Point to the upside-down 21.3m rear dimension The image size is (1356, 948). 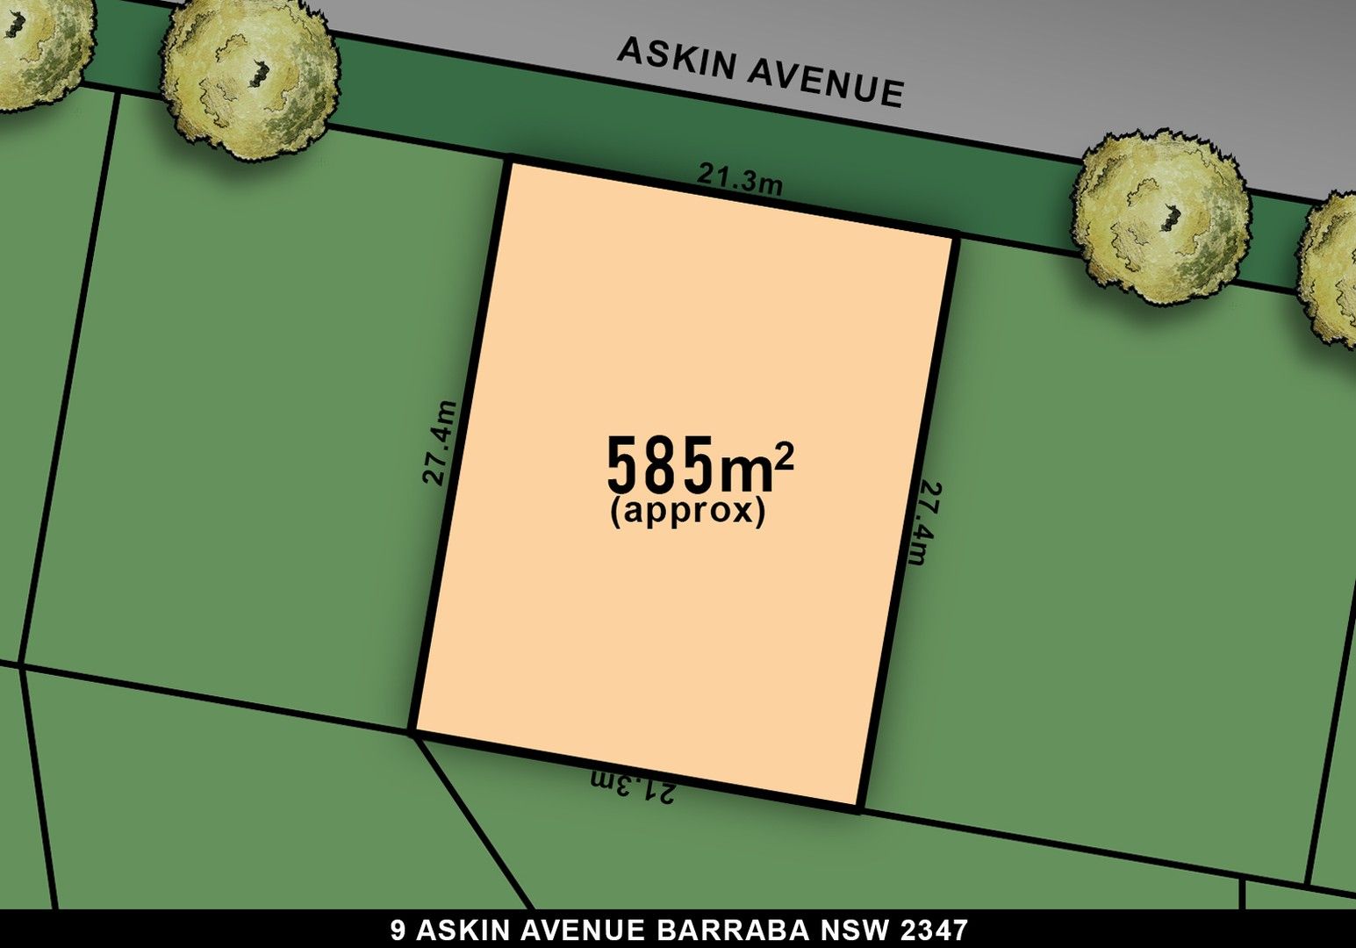coord(633,786)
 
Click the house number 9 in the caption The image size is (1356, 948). coord(397,930)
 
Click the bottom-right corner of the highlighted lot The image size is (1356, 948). coord(860,808)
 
